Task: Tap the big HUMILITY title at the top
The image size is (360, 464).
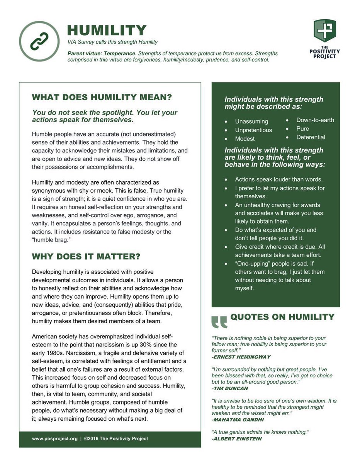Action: click(x=107, y=30)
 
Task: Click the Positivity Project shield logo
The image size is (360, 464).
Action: click(x=324, y=31)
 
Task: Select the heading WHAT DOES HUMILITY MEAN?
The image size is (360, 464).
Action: click(x=102, y=97)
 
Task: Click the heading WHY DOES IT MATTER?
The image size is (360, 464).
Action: click(x=86, y=257)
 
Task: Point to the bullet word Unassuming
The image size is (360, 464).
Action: click(x=251, y=121)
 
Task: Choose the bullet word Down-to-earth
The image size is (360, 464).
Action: click(x=315, y=120)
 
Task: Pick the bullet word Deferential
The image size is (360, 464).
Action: click(x=311, y=137)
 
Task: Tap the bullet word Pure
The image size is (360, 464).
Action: click(x=302, y=129)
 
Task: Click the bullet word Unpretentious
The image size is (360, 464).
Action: click(x=253, y=130)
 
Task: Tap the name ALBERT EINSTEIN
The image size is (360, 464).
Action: click(x=236, y=439)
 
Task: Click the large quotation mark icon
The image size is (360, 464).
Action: click(x=219, y=322)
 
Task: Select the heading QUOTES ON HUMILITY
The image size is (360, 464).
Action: click(x=282, y=317)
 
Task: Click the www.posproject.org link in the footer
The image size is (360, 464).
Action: click(x=54, y=438)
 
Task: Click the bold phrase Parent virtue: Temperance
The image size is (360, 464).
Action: click(x=102, y=53)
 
